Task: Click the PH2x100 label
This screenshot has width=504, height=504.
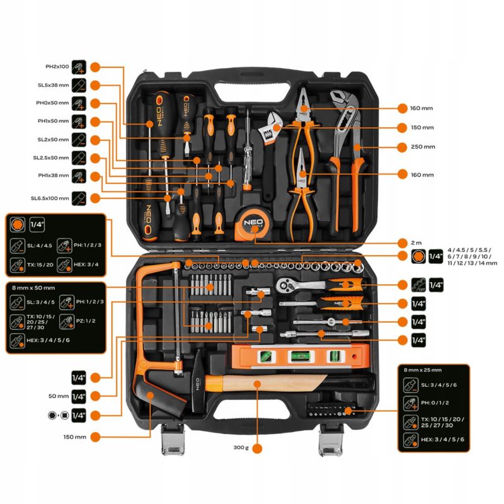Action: pos(57,66)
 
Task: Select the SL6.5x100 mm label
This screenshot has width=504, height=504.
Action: pos(50,198)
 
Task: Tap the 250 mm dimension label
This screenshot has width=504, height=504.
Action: pos(424,147)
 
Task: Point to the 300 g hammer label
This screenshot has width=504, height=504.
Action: pos(239,448)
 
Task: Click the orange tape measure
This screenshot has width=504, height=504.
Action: pos(249,222)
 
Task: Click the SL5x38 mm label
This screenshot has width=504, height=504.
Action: pos(54,84)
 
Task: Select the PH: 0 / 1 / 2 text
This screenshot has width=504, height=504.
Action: pos(435,402)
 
